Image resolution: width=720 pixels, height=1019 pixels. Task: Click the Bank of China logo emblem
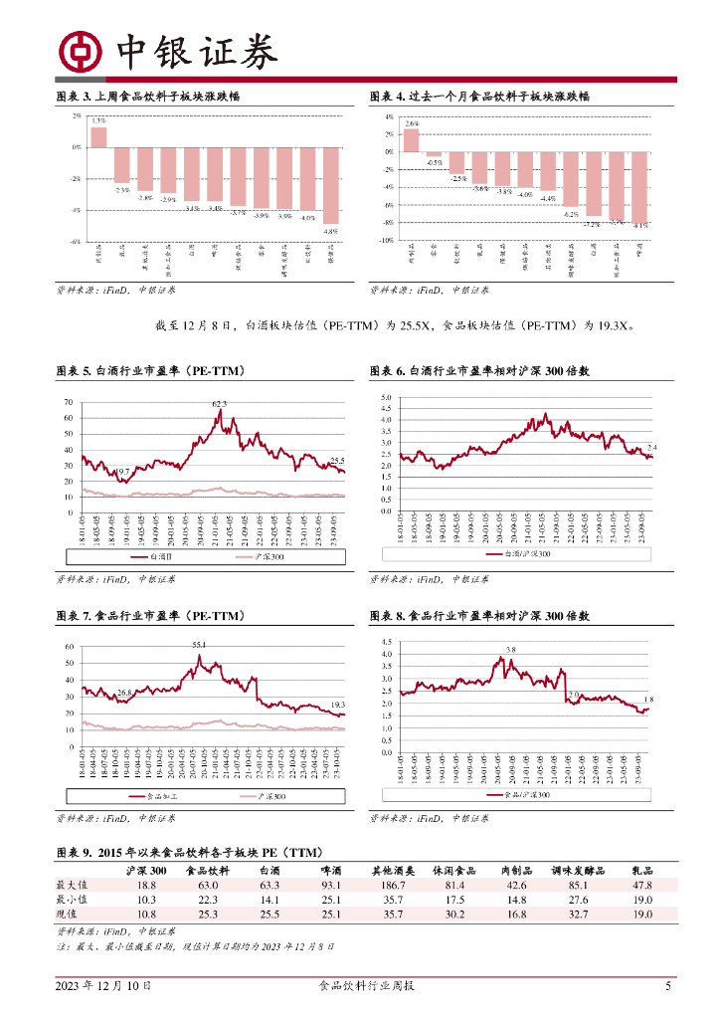click(82, 51)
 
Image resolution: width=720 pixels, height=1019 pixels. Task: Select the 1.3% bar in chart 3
click(98, 137)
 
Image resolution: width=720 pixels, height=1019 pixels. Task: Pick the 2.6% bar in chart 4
click(412, 140)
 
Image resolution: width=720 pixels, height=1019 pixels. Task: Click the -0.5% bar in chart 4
click(435, 154)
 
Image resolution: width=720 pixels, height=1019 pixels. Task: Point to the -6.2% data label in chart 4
click(570, 214)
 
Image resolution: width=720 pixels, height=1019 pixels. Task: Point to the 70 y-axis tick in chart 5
click(69, 402)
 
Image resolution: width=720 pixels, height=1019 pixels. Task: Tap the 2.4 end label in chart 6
click(652, 447)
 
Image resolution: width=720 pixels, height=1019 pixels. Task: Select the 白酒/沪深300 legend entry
click(527, 552)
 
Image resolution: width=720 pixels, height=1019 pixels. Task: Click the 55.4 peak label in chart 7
click(200, 646)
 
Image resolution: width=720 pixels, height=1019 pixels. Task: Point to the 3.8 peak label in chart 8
click(510, 649)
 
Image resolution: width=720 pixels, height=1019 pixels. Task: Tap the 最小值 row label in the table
click(72, 900)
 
